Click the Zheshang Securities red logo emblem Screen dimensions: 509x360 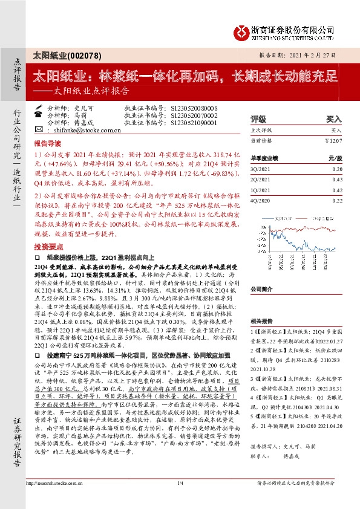click(241, 30)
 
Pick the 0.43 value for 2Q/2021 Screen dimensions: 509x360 click(336, 179)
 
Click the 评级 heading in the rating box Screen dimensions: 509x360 click(258, 119)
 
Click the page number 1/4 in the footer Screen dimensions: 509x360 click(180, 499)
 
